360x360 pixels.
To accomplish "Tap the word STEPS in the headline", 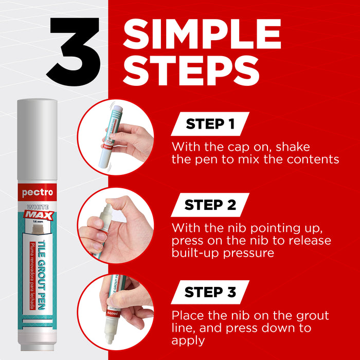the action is pyautogui.click(x=191, y=70).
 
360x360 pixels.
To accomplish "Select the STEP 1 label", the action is pyautogui.click(x=210, y=124).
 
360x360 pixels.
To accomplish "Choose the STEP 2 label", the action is pyautogui.click(x=210, y=205).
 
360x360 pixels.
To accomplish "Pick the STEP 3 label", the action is pyautogui.click(x=210, y=292).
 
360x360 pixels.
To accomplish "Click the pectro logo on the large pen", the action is pyautogui.click(x=38, y=192).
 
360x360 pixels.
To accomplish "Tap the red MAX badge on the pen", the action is pyautogui.click(x=39, y=215).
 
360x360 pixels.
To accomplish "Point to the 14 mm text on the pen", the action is pyautogui.click(x=38, y=222).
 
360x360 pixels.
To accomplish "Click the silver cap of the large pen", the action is pyautogui.click(x=37, y=139).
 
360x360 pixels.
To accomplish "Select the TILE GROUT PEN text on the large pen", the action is pyautogui.click(x=41, y=275).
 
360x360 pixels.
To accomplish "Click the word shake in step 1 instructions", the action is pyautogui.click(x=293, y=147).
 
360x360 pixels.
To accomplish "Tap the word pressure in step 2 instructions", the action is pyautogui.click(x=248, y=253).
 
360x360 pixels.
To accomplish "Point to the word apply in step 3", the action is pyautogui.click(x=188, y=341).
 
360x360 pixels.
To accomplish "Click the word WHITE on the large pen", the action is pyautogui.click(x=38, y=207).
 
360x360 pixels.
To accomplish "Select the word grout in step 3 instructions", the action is pyautogui.click(x=313, y=316).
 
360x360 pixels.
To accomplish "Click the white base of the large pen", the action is pyautogui.click(x=38, y=340).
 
